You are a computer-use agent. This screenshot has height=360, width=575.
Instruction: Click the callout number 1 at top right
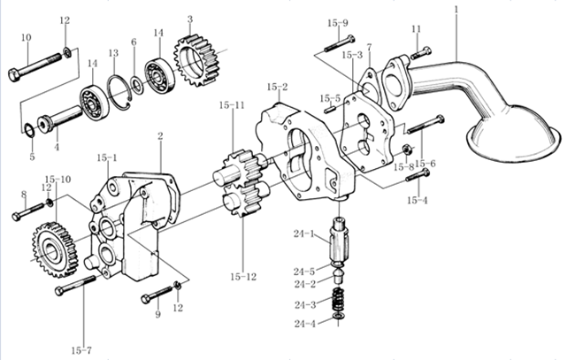click(x=456, y=10)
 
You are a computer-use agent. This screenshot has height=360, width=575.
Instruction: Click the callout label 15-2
click(x=278, y=87)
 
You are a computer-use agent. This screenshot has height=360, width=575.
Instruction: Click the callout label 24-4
click(x=305, y=324)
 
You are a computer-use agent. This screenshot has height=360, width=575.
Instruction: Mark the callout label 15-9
click(x=338, y=22)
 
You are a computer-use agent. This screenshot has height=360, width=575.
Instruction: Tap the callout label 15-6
click(x=425, y=163)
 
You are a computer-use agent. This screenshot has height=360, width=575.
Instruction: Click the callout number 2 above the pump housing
click(x=160, y=136)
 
